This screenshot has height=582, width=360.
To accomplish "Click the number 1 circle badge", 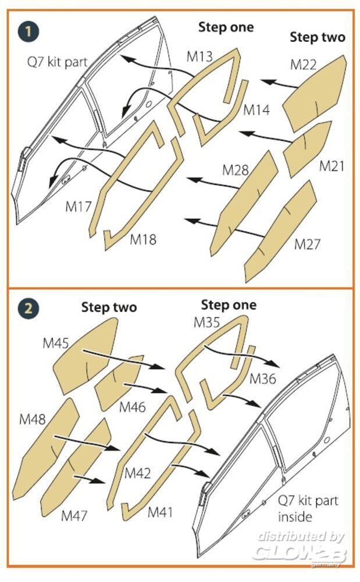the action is click(28, 31).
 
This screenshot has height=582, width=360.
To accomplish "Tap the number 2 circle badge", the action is click(28, 308).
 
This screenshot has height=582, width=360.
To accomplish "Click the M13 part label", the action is click(199, 56).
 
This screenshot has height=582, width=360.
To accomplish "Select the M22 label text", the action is click(303, 65).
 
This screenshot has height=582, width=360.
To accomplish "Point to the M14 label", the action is click(256, 109).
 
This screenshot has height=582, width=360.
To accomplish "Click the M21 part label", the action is click(332, 166).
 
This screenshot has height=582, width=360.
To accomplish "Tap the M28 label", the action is click(236, 170).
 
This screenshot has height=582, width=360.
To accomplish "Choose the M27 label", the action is click(307, 244).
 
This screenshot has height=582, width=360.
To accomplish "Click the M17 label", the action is click(79, 207).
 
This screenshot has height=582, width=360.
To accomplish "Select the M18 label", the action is click(143, 239).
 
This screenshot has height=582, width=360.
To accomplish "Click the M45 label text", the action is click(56, 343).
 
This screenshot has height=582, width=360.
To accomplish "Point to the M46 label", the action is click(133, 407).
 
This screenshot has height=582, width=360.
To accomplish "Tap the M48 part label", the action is click(32, 420).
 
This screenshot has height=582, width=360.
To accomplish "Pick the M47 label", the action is click(74, 515).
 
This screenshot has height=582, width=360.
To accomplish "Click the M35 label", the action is click(207, 322).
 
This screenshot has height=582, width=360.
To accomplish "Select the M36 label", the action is click(263, 379).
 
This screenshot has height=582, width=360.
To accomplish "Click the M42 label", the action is click(138, 473).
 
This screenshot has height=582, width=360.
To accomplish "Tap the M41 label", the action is click(160, 512).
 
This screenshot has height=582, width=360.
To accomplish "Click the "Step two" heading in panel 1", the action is click(318, 37).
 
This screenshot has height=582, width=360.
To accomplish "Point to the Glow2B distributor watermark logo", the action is click(301, 548).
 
